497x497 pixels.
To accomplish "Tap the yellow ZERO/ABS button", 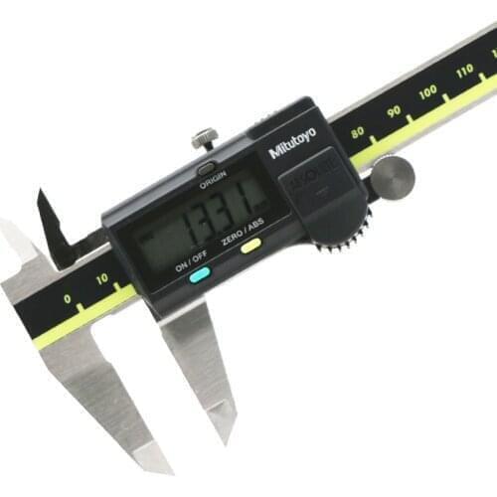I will pos(250,245).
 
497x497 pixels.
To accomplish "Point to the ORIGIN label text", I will pos(213,183).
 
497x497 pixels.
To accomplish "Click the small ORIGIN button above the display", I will pos(207,169).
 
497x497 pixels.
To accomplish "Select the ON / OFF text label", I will pos(191,263).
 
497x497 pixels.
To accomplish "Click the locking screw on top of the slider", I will pos(205,136).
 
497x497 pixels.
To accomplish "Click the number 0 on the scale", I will pos(67,297).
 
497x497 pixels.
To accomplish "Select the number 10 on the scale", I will pos(102,281).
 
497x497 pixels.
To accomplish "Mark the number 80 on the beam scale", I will pos(357,130).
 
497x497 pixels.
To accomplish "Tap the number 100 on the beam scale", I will pos(428,93).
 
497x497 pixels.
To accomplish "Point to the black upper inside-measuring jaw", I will pos(52,227).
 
